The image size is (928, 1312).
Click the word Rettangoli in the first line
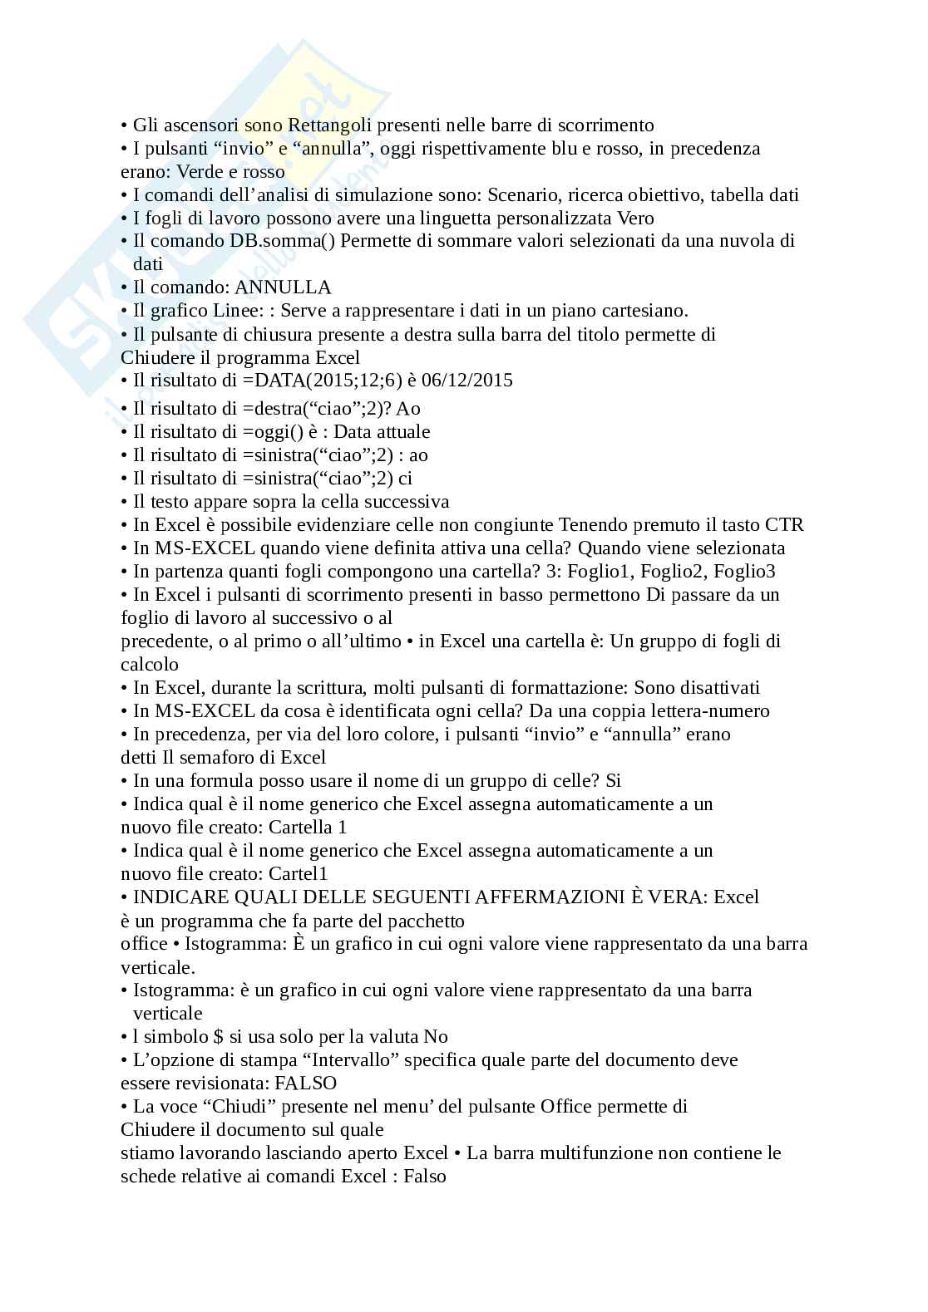(328, 125)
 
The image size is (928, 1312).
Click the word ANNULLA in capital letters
(284, 287)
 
